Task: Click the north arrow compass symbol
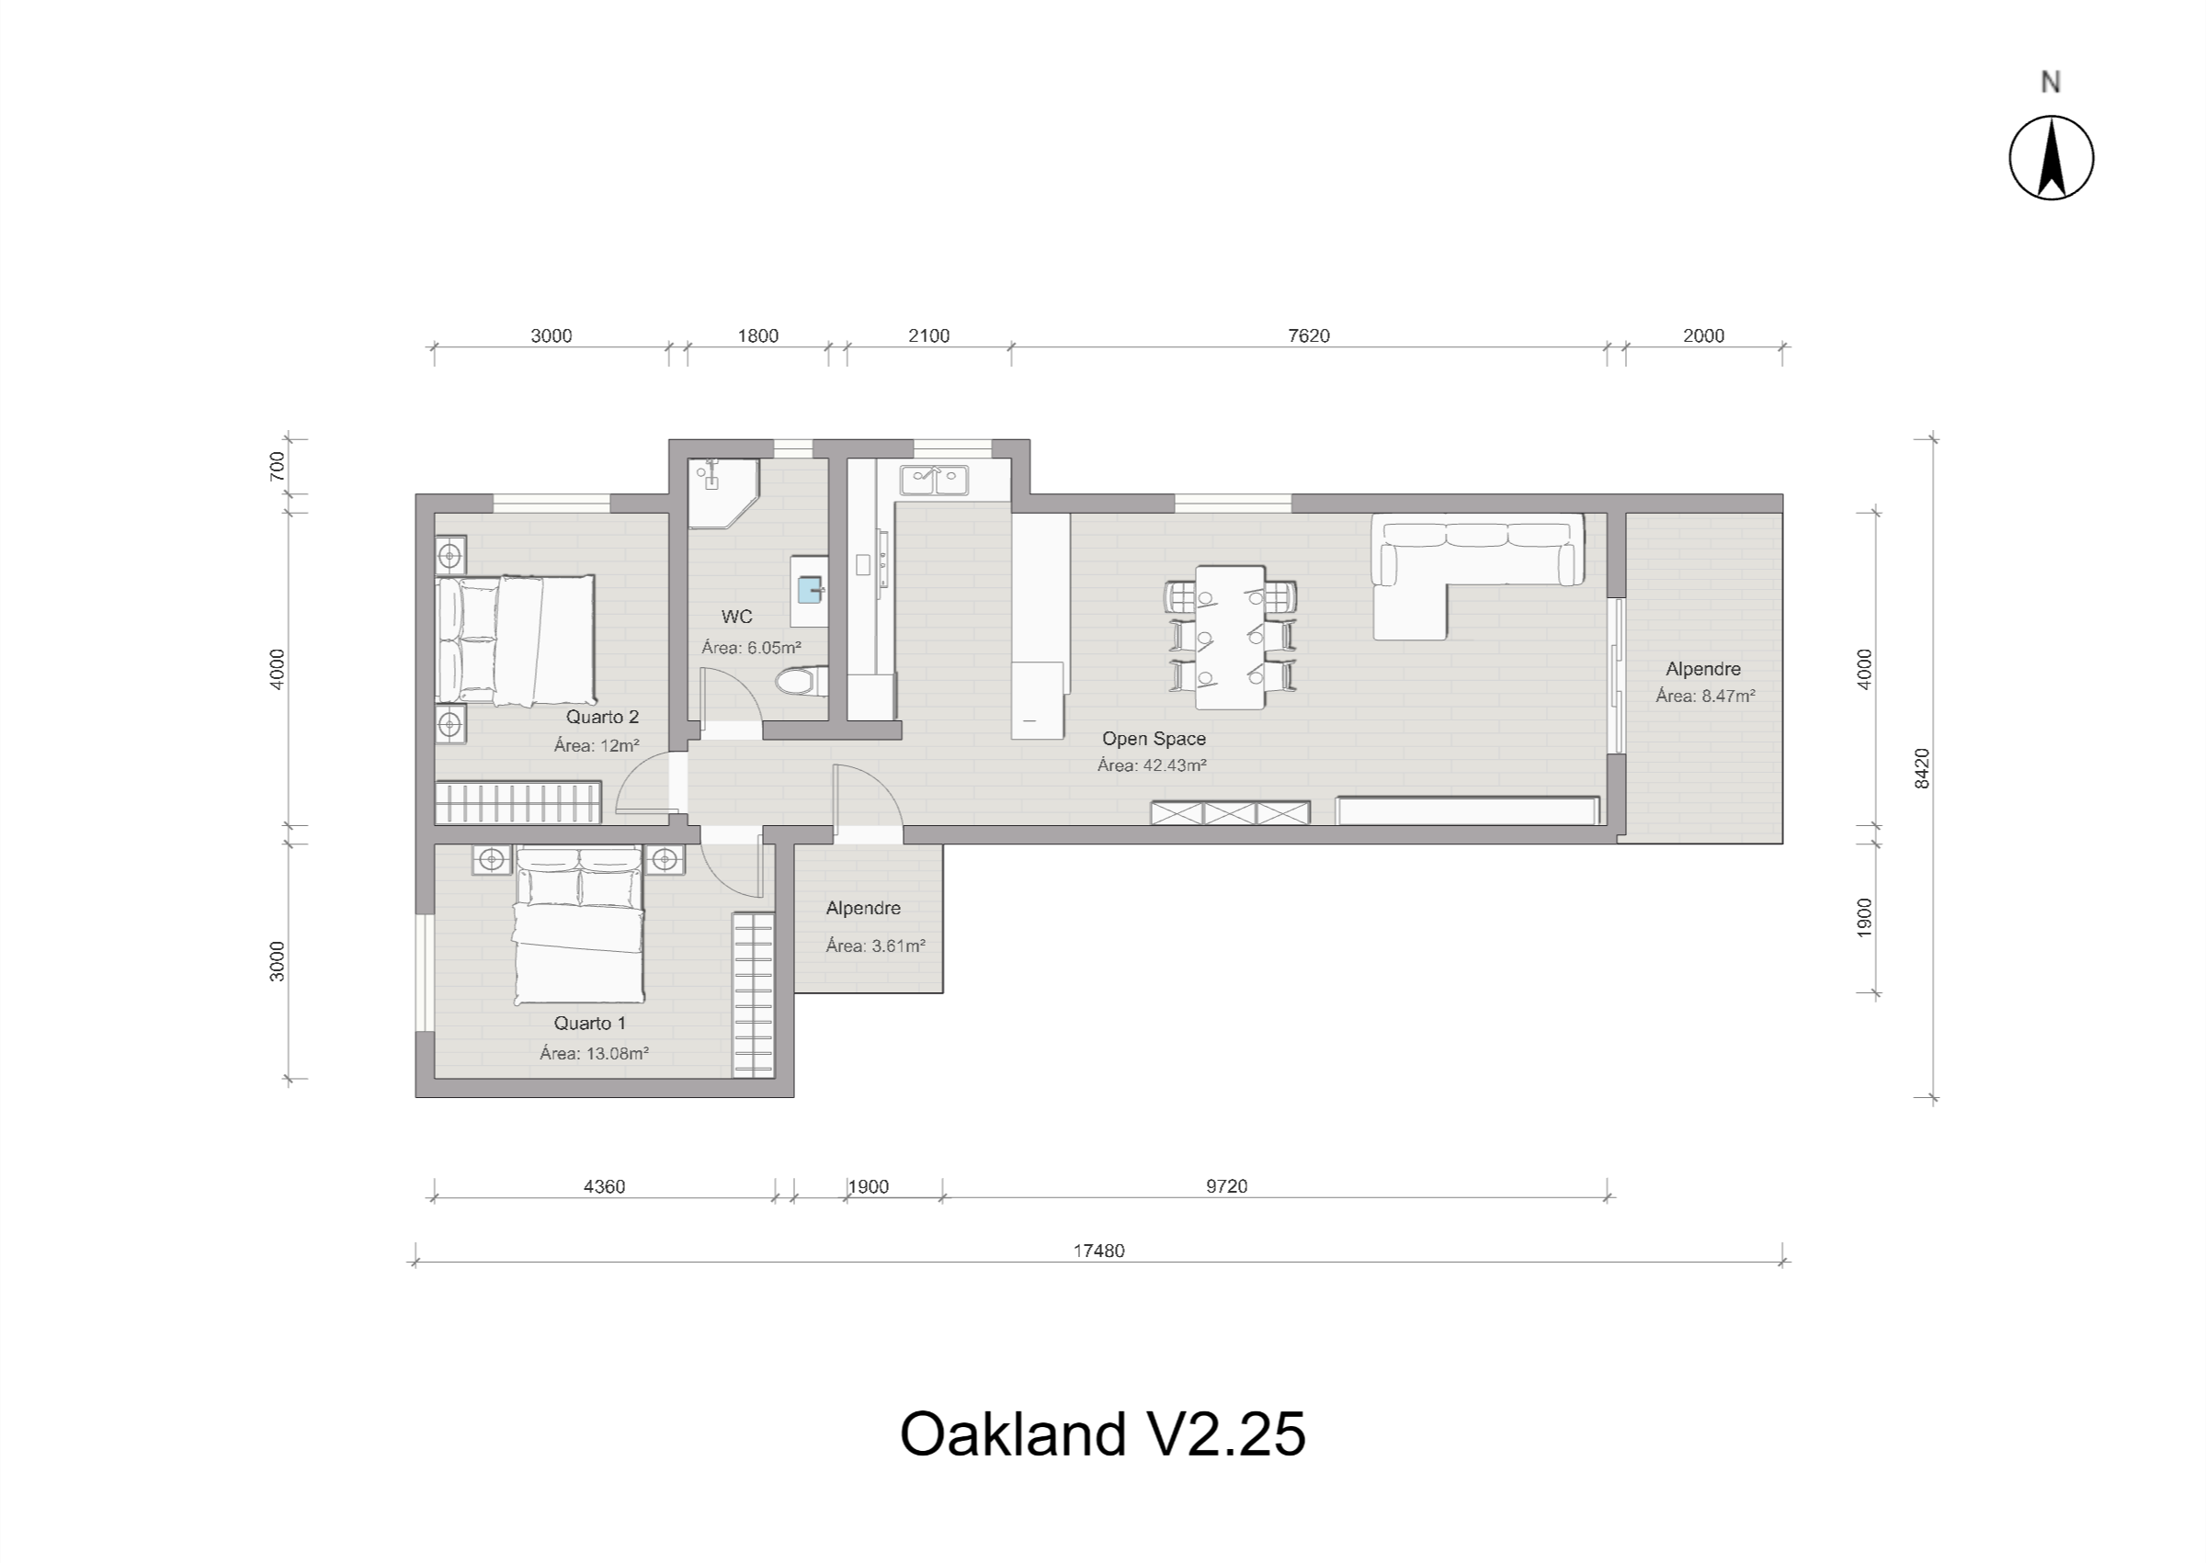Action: [x=2051, y=158]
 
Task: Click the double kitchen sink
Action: [x=934, y=479]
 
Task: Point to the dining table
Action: [x=1229, y=637]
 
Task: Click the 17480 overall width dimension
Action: [x=1098, y=1252]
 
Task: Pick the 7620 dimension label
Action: [x=1308, y=336]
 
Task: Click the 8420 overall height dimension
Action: [x=1922, y=768]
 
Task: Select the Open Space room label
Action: [x=1153, y=738]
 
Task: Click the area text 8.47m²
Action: [x=1704, y=696]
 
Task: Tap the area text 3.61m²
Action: [x=875, y=946]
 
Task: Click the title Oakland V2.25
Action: [x=1102, y=1435]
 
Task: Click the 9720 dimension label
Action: [x=1226, y=1186]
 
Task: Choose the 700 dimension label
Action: [x=278, y=466]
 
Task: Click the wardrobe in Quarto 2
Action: [x=517, y=803]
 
